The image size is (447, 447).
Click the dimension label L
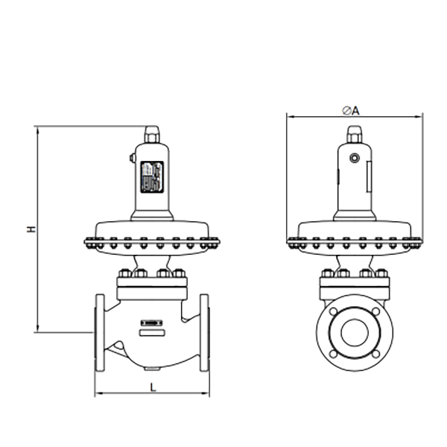(153, 387)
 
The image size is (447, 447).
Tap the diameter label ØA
(351, 110)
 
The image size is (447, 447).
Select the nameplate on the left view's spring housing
(152, 177)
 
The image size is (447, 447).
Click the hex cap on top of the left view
(152, 134)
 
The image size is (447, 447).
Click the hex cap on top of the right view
(355, 134)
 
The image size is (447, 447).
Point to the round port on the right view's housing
(355, 158)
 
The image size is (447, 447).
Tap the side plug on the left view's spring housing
(133, 158)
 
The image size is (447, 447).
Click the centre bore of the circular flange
(355, 333)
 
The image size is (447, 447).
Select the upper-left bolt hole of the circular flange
(333, 311)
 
